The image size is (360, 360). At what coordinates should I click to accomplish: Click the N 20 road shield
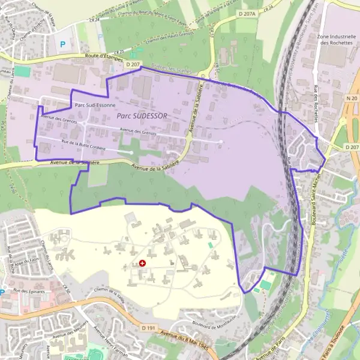(x=352, y=98)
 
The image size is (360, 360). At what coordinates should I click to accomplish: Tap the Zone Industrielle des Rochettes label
(x=334, y=40)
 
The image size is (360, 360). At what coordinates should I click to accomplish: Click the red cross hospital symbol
(x=142, y=263)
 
